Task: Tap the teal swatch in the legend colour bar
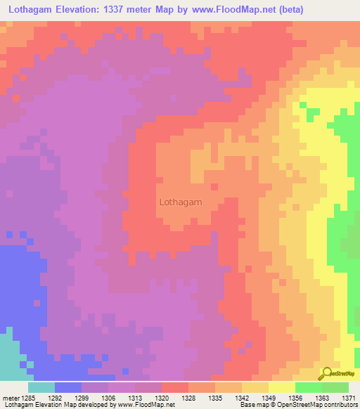pos(41,387)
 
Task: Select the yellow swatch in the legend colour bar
pos(281,387)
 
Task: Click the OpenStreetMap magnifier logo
pos(327,375)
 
